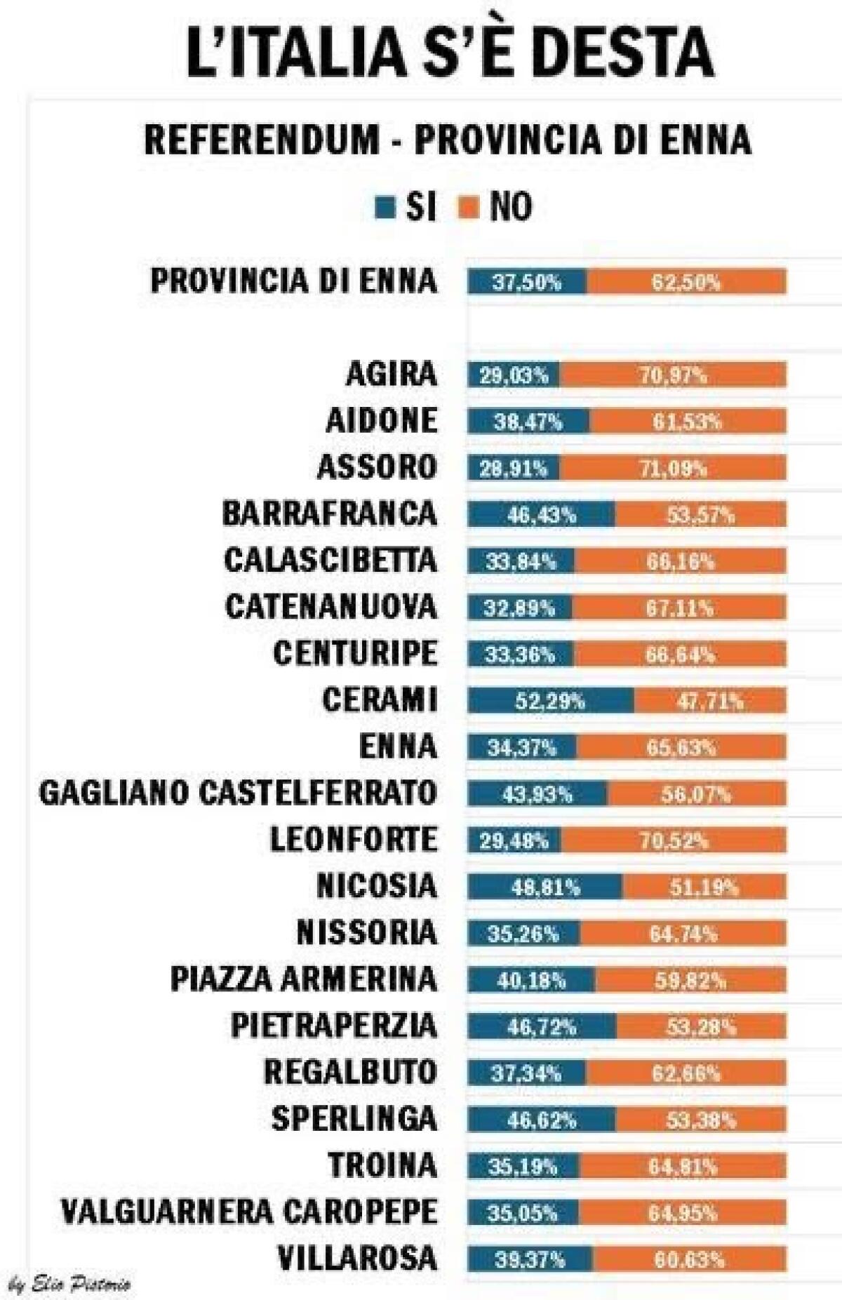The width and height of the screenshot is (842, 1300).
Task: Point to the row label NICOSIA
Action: [377, 886]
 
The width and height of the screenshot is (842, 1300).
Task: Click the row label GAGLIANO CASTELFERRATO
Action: [239, 793]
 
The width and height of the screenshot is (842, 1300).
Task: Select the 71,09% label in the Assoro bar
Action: [673, 469]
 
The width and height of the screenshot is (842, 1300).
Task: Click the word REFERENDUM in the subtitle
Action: [261, 139]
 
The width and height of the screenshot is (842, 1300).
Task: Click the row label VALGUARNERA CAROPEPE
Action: [249, 1212]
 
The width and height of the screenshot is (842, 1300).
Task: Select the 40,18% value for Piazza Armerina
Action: [531, 981]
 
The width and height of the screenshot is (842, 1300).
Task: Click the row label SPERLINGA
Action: [354, 1119]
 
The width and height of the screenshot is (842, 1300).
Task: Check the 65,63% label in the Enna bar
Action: [681, 748]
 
